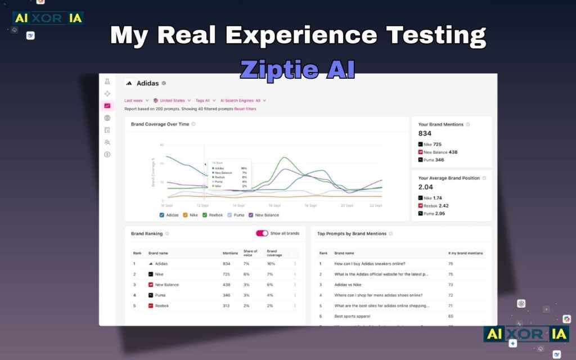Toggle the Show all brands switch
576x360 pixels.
[x=262, y=233]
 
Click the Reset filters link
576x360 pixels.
[x=245, y=109]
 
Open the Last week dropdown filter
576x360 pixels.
[x=137, y=101]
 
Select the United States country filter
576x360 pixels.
[x=172, y=101]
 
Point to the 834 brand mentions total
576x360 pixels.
[x=425, y=133]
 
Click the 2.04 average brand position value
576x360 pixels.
[x=426, y=187]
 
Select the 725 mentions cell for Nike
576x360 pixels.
[x=226, y=274]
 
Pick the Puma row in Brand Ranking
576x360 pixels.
[x=160, y=295]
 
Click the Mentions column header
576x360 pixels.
[x=230, y=253]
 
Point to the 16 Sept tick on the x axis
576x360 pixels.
[x=274, y=206]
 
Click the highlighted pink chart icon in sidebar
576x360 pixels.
[x=107, y=106]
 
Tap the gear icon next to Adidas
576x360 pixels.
[x=164, y=83]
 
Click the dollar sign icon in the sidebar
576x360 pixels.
[x=107, y=154]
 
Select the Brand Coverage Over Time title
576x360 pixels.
[x=160, y=124]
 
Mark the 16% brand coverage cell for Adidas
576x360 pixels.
[x=271, y=263]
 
